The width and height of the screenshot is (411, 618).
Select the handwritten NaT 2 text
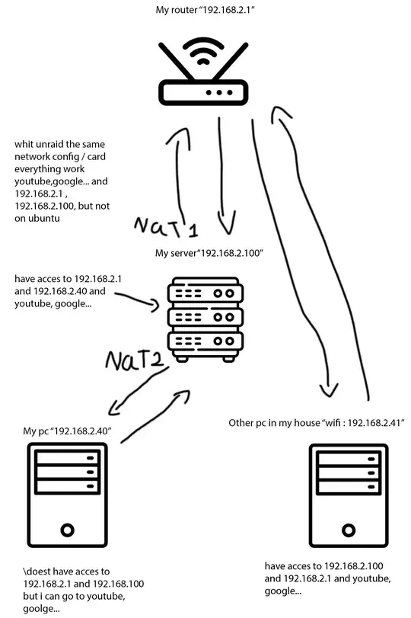pos(137,360)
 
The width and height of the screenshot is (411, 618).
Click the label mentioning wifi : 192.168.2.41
pos(316,422)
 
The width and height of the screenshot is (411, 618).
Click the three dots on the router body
pos(219,92)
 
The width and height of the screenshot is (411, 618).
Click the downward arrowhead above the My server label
pos(225,226)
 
